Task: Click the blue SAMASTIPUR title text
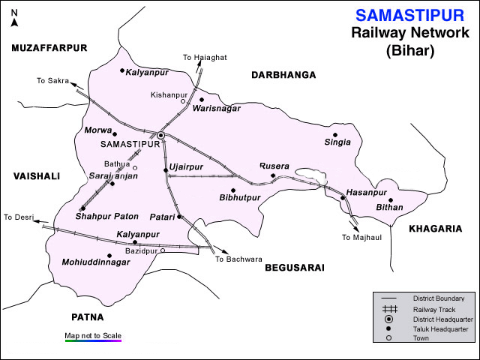click(x=409, y=15)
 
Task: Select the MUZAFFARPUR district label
click(x=49, y=47)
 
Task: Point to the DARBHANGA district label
click(x=283, y=75)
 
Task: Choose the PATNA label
click(x=87, y=316)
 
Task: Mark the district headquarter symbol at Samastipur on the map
click(x=160, y=135)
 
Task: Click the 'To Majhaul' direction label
click(x=363, y=238)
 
